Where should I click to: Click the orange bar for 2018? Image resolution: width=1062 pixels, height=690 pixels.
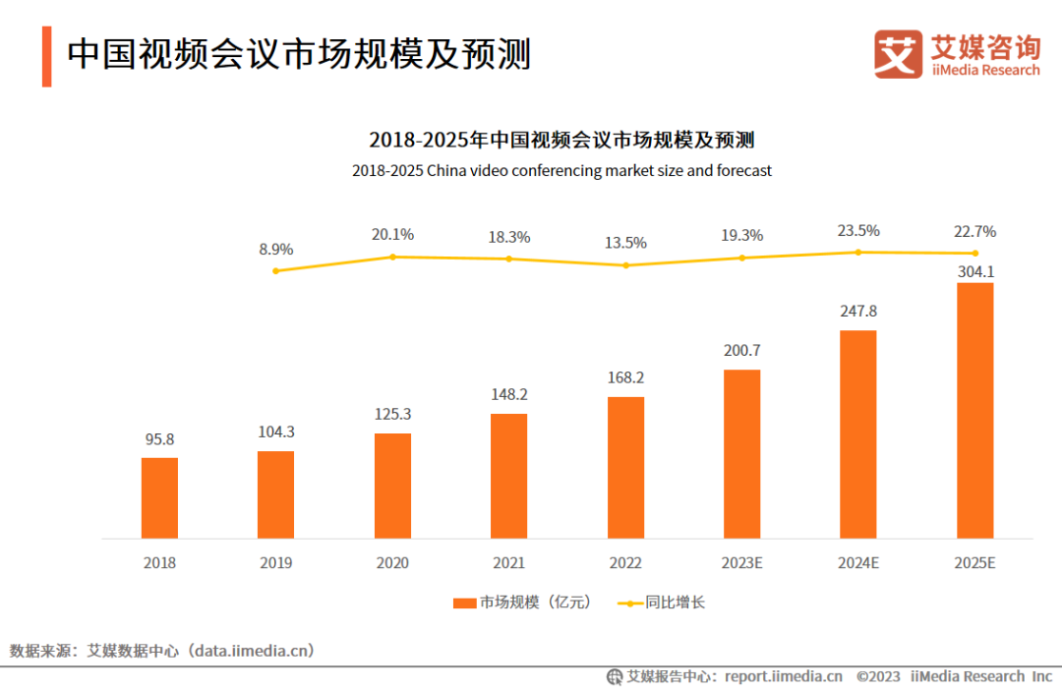coord(159,497)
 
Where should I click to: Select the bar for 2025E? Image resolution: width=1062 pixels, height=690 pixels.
coord(974,410)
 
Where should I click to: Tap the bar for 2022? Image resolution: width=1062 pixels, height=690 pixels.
coord(625,467)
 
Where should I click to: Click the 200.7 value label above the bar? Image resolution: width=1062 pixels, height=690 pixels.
coord(741,351)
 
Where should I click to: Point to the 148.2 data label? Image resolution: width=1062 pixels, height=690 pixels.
coord(508,394)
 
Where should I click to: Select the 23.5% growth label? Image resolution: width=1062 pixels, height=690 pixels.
coord(858,231)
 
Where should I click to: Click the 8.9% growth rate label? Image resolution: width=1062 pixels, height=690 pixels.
coord(276,250)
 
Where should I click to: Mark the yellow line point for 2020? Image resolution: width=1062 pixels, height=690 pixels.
coord(392,257)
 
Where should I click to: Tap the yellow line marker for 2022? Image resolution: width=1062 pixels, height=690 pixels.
coord(625,265)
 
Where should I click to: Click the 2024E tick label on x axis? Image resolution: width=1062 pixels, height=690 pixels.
coord(858,563)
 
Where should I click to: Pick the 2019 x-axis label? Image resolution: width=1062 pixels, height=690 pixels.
coord(275,563)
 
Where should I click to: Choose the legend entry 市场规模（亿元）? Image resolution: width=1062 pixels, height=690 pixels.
coord(523,603)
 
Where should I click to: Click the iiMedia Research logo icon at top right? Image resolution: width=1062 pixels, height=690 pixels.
coord(897,54)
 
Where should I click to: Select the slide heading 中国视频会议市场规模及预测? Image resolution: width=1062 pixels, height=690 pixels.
coord(299,54)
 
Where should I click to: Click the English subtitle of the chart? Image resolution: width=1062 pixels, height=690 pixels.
coord(561,171)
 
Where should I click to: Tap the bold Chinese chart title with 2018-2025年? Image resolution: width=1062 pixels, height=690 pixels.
coord(561,139)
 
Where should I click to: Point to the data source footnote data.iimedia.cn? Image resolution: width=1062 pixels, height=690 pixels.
coord(162,651)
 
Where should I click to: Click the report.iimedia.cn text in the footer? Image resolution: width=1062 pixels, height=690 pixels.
coord(783,676)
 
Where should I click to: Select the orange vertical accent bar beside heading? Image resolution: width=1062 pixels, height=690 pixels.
coord(46,56)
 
